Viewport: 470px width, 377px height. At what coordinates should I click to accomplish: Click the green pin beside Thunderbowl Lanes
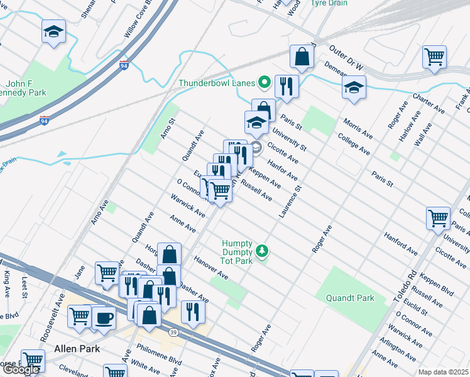coord(265,83)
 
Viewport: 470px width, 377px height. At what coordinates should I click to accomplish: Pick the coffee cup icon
coord(104,317)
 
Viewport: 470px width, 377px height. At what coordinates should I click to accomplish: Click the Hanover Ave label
coord(210,268)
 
